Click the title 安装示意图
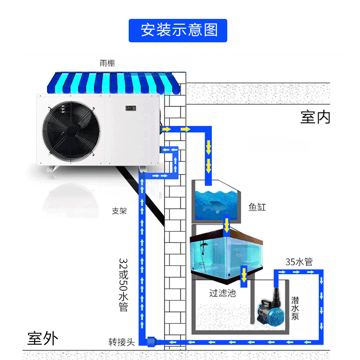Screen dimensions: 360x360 point(179,31)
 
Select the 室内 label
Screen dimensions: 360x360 point(315,117)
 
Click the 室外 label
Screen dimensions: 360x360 point(43,338)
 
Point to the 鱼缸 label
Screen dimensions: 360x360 point(257,207)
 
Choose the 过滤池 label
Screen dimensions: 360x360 point(222,293)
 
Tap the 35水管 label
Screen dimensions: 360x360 point(299,262)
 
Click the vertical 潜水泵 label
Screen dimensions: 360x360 point(295,308)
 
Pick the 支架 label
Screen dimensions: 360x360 point(119,211)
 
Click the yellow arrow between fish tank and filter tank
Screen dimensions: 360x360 point(227,224)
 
